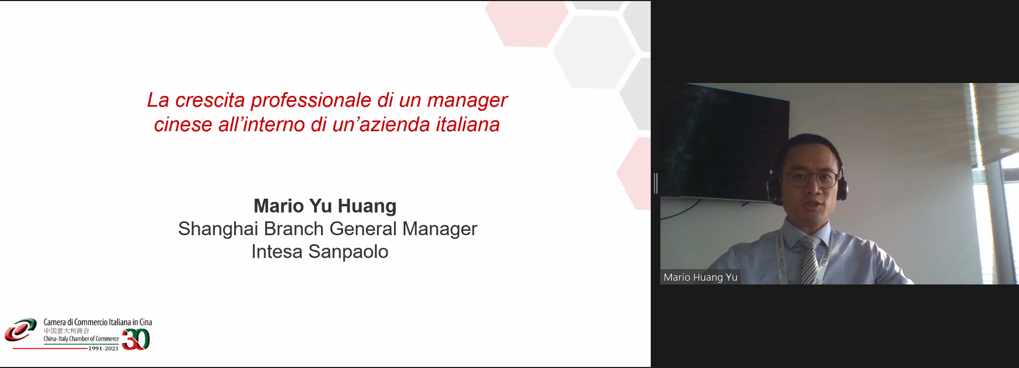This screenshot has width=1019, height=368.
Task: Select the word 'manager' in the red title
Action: pos(467,101)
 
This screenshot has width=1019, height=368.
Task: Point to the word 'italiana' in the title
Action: pos(467,125)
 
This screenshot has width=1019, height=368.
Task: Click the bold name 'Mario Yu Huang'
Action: pos(325,206)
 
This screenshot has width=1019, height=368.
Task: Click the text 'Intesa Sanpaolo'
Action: pos(320,252)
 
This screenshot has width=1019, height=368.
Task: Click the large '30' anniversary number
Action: pos(136,339)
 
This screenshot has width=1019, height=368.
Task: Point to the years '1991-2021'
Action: pos(103,348)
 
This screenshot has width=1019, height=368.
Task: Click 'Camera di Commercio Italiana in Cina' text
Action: pos(98,322)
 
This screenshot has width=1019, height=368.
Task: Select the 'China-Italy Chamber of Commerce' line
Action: pos(81,339)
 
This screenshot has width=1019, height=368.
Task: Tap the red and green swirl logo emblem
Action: pos(20,330)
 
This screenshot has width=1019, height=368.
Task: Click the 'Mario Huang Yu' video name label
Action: pos(701,277)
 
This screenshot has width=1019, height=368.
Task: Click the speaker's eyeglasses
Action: pos(812,178)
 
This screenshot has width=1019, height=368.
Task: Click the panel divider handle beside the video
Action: pos(656,183)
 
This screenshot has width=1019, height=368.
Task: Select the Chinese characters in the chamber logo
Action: pos(66,331)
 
